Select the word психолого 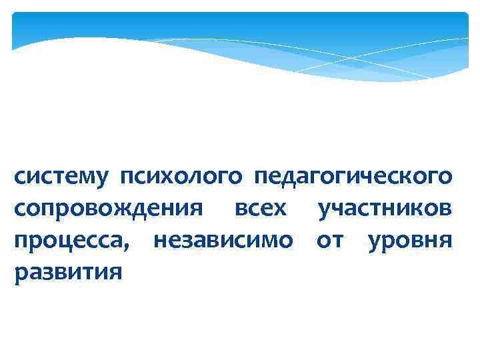pyautogui.click(x=182, y=178)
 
